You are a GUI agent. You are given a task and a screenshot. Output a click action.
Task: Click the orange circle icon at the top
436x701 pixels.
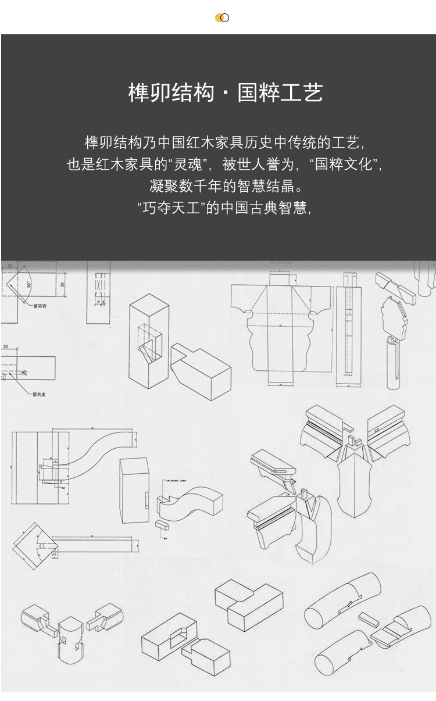click(x=220, y=17)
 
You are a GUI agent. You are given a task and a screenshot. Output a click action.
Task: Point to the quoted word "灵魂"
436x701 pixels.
click(x=188, y=164)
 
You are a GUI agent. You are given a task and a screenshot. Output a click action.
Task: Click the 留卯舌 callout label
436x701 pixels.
click(x=40, y=306)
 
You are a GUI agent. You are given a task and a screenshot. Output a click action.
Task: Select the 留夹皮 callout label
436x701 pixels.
click(x=40, y=394)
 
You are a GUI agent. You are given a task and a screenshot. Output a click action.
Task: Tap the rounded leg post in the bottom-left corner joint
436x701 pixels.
click(x=69, y=639)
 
